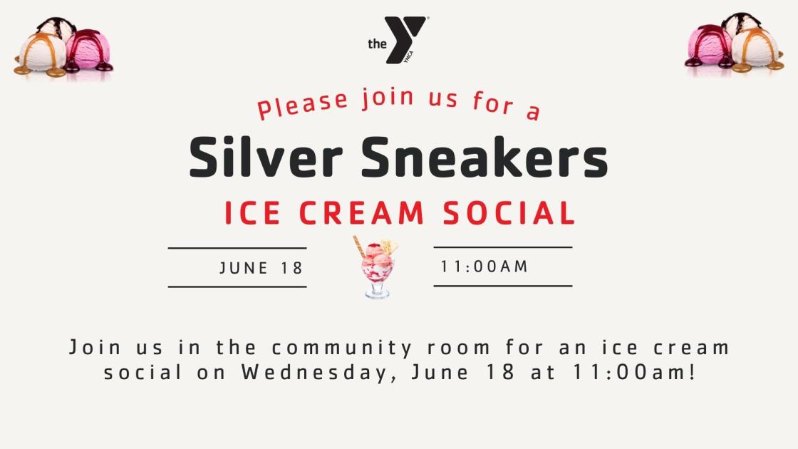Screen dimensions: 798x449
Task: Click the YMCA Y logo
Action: [405, 39]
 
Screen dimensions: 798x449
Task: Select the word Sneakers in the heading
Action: [484, 158]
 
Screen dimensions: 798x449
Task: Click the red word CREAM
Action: [361, 213]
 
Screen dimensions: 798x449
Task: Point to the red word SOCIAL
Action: [509, 213]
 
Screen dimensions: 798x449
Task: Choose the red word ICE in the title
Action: [252, 213]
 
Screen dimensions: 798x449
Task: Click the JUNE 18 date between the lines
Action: [261, 268]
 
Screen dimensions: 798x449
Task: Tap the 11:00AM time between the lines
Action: [484, 267]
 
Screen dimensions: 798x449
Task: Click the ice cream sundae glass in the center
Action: [377, 267]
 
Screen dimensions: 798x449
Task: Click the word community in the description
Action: [342, 349]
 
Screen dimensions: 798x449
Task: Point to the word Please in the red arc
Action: [302, 105]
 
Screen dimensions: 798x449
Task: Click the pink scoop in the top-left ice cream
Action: [89, 49]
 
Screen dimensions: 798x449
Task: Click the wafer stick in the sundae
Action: [359, 247]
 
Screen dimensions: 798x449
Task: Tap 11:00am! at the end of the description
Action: [634, 372]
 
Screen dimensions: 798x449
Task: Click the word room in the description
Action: [459, 349]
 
